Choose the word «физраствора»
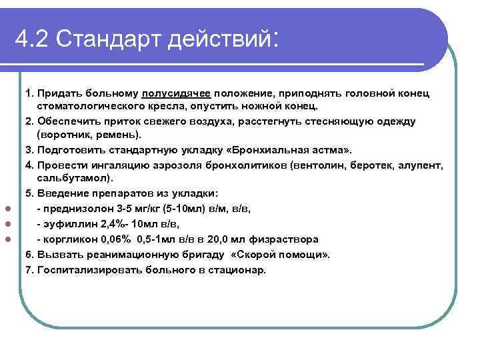[287, 239]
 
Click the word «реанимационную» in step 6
[117, 255]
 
